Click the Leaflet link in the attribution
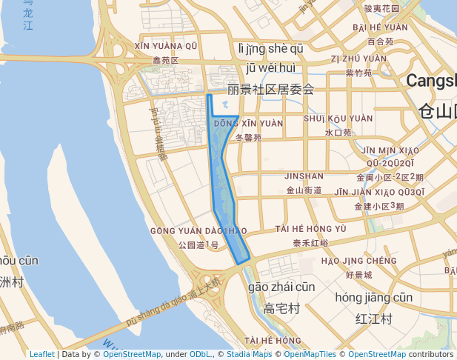(x=41, y=354)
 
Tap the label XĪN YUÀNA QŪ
(x=166, y=46)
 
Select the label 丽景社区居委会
(x=270, y=90)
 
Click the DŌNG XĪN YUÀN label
(x=247, y=124)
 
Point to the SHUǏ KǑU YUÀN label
(x=338, y=119)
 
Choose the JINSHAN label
(x=304, y=176)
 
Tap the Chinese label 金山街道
(x=304, y=190)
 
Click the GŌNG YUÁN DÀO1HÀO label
(x=198, y=231)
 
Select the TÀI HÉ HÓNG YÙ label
(x=310, y=229)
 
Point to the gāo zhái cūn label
(x=281, y=287)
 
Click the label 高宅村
(x=281, y=308)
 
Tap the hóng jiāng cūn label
(x=373, y=297)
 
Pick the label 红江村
(x=373, y=319)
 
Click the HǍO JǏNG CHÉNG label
(x=359, y=261)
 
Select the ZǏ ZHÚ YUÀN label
(x=358, y=59)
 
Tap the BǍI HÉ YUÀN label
(x=380, y=27)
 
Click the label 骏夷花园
(x=381, y=9)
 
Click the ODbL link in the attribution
(x=200, y=354)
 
